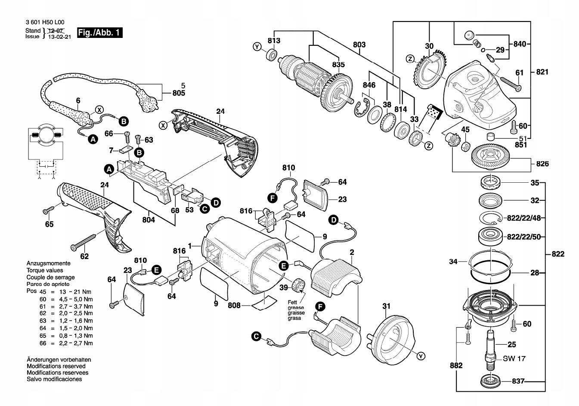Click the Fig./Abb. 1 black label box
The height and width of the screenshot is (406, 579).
[99, 33]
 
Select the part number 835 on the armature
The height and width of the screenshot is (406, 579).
[338, 65]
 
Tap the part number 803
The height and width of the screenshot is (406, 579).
[359, 45]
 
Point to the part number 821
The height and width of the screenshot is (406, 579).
[542, 72]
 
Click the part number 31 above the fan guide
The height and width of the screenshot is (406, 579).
[386, 306]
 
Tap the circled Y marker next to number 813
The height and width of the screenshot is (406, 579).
[257, 47]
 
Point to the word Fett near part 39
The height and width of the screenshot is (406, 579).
[293, 303]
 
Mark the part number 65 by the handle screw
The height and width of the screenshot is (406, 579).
[50, 224]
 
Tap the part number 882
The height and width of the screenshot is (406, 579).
[456, 365]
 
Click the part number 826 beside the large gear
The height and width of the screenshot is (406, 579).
[542, 164]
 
